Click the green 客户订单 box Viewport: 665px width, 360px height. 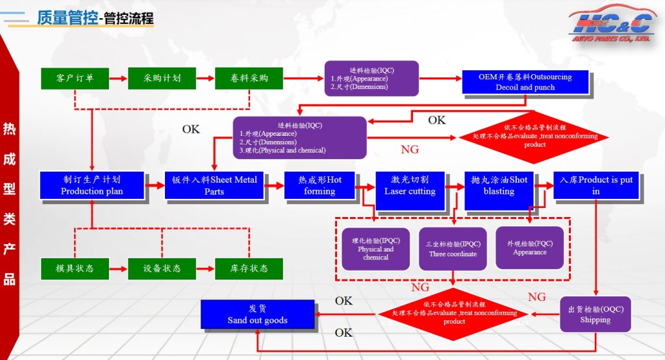75,79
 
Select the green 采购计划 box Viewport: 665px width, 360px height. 162,79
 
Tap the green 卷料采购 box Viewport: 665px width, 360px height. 249,79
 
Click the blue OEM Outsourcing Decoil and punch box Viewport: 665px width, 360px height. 525,82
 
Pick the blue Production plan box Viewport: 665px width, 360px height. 92,185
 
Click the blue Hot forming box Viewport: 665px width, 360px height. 320,185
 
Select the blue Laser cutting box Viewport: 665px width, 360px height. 410,185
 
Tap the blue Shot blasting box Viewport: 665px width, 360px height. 499,185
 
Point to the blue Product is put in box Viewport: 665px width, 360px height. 596,185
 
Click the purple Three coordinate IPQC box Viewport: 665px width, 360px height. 453,248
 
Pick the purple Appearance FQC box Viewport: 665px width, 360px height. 529,248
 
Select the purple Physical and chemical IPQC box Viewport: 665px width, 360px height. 376,248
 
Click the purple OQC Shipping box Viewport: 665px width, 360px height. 595,315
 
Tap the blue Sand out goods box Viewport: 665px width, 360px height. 257,314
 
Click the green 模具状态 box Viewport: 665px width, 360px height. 75,268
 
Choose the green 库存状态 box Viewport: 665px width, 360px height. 249,268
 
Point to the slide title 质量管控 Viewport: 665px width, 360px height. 68,18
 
